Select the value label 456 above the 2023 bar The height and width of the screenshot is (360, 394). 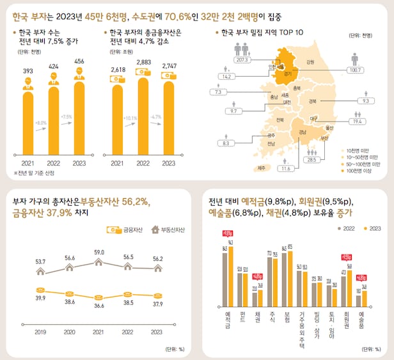tap(79, 61)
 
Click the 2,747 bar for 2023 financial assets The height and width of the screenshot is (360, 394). tap(169, 118)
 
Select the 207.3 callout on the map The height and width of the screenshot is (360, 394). tap(242, 59)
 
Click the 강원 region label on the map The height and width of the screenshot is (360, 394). tap(310, 62)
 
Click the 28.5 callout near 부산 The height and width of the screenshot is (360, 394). tap(312, 159)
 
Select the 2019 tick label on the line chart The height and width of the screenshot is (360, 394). tap(40, 332)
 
